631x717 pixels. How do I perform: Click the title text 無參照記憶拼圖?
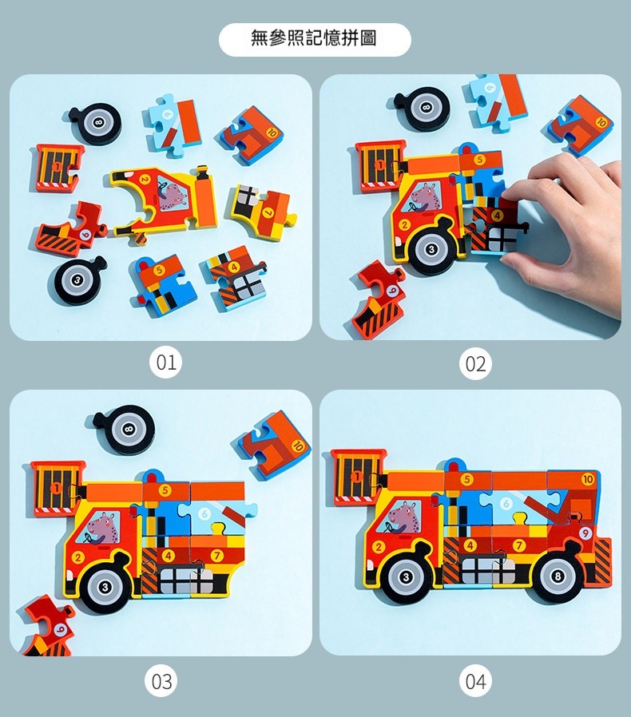coord(314,38)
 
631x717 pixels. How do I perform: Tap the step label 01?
coord(165,362)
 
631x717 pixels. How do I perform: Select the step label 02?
coord(475,363)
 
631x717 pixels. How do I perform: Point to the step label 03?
coord(161,681)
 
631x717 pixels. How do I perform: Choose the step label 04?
coord(475,681)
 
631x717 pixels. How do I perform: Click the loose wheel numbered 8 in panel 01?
coord(97,123)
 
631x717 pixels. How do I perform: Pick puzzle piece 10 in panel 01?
coord(251,137)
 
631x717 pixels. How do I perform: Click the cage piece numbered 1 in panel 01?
coord(57,168)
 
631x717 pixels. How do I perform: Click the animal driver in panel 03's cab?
coord(101,527)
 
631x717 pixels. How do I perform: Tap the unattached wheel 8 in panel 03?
coord(125,430)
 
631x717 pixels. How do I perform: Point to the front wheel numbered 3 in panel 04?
coord(405,577)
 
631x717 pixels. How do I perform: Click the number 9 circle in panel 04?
coord(585,533)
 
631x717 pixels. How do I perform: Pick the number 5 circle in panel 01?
coord(159,270)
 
